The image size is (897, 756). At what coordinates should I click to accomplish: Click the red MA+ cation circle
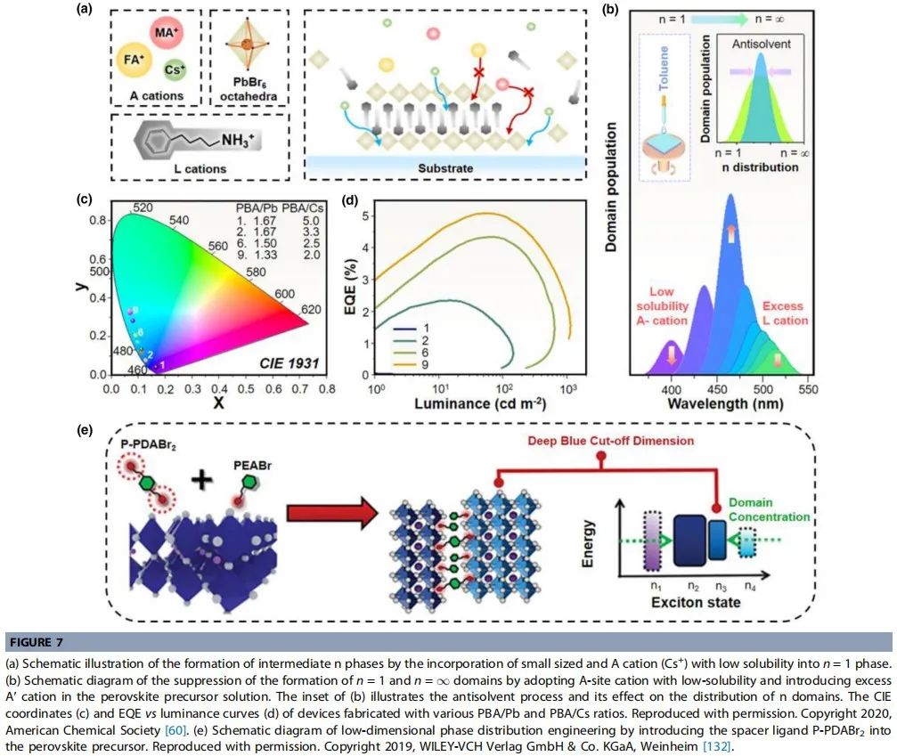pyautogui.click(x=167, y=33)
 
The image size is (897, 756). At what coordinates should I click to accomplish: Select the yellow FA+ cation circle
pyautogui.click(x=134, y=60)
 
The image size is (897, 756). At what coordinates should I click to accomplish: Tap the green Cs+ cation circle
pyautogui.click(x=175, y=69)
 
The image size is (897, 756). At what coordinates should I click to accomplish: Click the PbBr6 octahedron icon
pyautogui.click(x=247, y=44)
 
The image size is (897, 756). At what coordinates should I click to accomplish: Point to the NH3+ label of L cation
pyautogui.click(x=238, y=140)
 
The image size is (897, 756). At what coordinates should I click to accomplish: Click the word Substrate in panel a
pyautogui.click(x=445, y=168)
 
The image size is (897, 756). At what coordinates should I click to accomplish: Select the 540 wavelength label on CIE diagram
pyautogui.click(x=178, y=220)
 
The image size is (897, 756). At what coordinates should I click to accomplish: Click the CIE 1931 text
pyautogui.click(x=289, y=363)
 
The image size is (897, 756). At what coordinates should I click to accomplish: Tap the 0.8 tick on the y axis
pyautogui.click(x=98, y=220)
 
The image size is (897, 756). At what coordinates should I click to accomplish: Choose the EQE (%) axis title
pyautogui.click(x=351, y=286)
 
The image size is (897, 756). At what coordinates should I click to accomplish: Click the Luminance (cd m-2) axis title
pyautogui.click(x=480, y=403)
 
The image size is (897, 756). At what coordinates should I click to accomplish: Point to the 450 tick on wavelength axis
pyautogui.click(x=717, y=389)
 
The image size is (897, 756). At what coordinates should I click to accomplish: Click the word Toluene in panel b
pyautogui.click(x=664, y=68)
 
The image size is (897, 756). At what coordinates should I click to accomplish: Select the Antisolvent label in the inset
pyautogui.click(x=762, y=44)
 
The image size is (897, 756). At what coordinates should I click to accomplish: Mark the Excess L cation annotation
pyautogui.click(x=784, y=313)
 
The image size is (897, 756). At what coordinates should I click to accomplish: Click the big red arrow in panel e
pyautogui.click(x=331, y=513)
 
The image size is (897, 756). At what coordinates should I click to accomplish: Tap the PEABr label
pyautogui.click(x=252, y=466)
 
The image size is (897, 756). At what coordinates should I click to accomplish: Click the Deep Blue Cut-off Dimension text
pyautogui.click(x=610, y=441)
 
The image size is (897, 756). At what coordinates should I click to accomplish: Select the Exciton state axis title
pyautogui.click(x=696, y=602)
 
